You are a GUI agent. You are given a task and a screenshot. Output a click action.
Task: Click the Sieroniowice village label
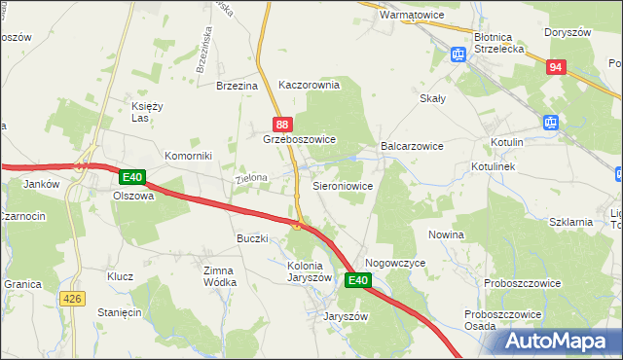[x=342, y=184]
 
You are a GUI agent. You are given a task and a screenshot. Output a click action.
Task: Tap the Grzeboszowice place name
[x=300, y=140]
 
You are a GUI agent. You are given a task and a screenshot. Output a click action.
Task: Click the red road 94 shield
[x=555, y=67]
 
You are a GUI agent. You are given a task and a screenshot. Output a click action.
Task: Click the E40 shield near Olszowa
[x=133, y=177]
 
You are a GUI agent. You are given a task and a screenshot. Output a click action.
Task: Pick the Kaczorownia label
[x=309, y=85]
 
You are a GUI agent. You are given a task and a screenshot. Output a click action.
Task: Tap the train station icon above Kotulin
[x=550, y=123]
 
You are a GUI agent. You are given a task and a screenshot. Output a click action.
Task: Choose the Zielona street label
[x=251, y=180]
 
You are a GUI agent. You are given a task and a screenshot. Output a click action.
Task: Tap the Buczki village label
[x=252, y=238]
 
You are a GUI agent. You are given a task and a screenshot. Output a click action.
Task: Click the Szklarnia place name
[x=571, y=222]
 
